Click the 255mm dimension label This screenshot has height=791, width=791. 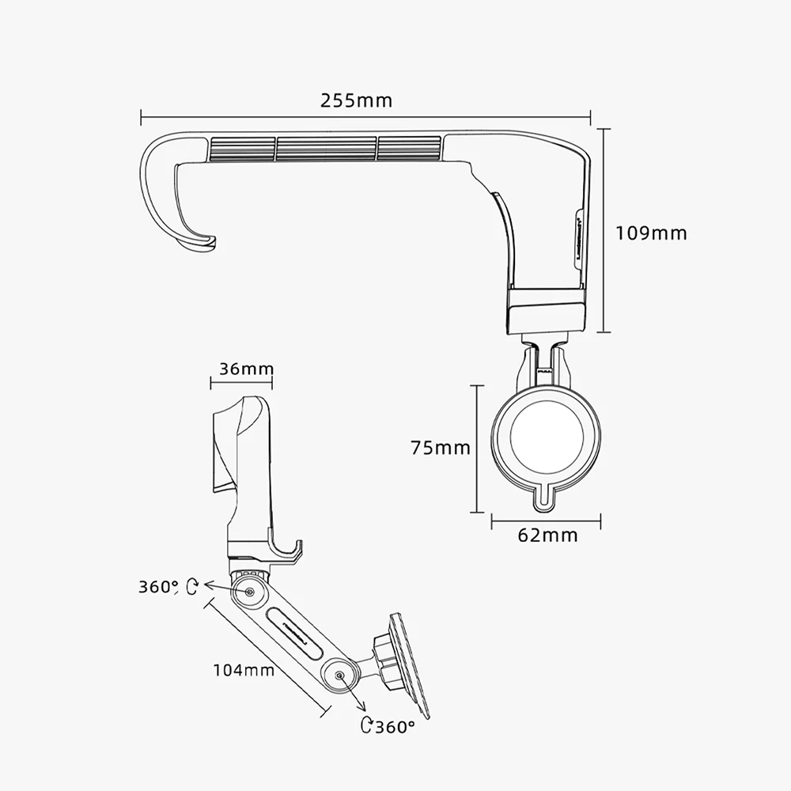(x=356, y=100)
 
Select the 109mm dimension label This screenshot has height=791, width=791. (x=651, y=233)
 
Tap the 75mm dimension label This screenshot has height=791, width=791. (x=441, y=448)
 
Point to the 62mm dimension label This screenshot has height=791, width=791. (x=547, y=536)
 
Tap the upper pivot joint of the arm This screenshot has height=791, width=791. (x=250, y=592)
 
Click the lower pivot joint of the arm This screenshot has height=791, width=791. (x=340, y=676)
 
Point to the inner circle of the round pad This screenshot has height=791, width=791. (x=547, y=437)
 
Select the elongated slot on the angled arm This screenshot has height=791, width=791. (x=294, y=634)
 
